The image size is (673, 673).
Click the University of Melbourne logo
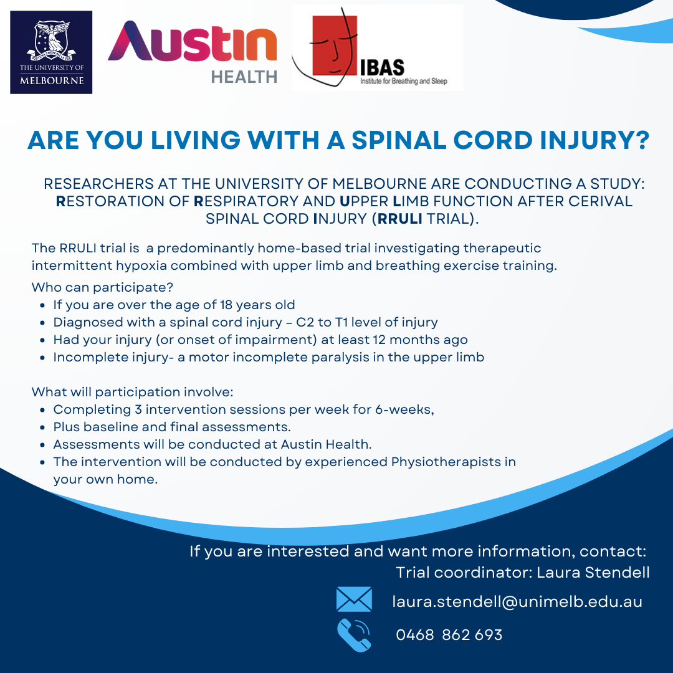[51, 52]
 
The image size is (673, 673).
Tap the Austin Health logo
[193, 52]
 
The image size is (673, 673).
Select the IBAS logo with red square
[377, 47]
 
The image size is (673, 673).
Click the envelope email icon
[354, 599]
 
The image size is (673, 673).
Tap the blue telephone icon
[354, 635]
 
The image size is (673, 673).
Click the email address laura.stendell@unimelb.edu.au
[517, 602]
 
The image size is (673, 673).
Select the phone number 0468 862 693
[449, 635]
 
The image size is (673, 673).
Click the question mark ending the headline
[643, 140]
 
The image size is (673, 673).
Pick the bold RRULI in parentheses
[399, 219]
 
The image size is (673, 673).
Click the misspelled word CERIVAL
[601, 201]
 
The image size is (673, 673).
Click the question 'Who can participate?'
[102, 287]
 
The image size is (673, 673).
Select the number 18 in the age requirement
[226, 305]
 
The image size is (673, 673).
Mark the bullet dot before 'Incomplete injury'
[42, 358]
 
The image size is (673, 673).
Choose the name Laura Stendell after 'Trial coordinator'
[593, 573]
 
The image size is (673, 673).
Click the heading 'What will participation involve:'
[133, 393]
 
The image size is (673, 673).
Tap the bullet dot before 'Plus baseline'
[42, 427]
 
